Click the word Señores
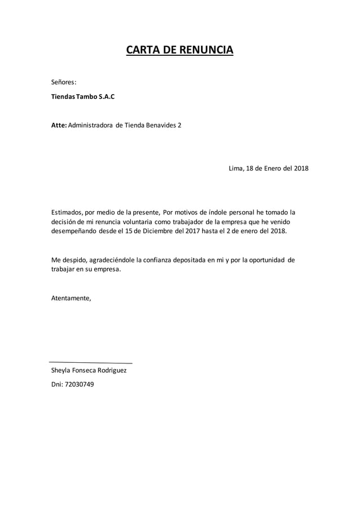[64, 82]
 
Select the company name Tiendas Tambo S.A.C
[82, 96]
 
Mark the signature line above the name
[91, 362]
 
